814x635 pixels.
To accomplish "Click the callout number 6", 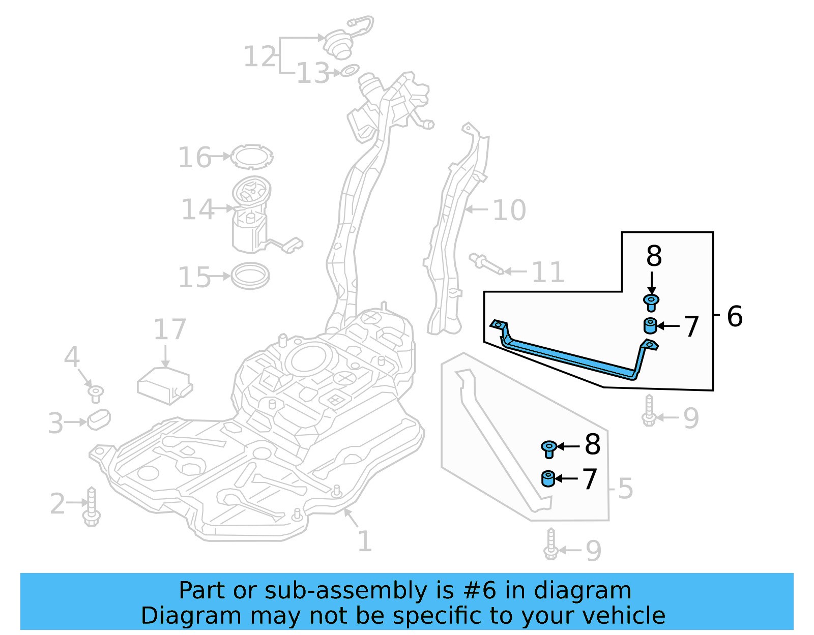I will pyautogui.click(x=735, y=316).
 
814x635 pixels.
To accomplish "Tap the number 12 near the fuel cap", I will pyautogui.click(x=260, y=56).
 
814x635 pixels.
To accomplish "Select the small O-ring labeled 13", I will pyautogui.click(x=350, y=70).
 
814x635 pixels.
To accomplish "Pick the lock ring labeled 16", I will pyautogui.click(x=251, y=157).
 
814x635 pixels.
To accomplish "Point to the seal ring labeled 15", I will pyautogui.click(x=250, y=276).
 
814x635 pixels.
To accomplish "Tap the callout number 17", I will pyautogui.click(x=170, y=329).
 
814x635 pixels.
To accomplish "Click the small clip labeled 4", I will pyautogui.click(x=96, y=393).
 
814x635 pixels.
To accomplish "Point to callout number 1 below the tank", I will pyautogui.click(x=364, y=541).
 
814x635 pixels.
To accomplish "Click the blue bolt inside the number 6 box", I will pyautogui.click(x=651, y=302).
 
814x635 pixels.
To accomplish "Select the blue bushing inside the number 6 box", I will pyautogui.click(x=650, y=326).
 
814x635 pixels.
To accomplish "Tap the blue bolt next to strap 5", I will pyautogui.click(x=548, y=448).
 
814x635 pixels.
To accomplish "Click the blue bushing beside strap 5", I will pyautogui.click(x=548, y=479).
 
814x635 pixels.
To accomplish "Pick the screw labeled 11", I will pyautogui.click(x=485, y=264).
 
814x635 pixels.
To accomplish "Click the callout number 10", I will pyautogui.click(x=509, y=210).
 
